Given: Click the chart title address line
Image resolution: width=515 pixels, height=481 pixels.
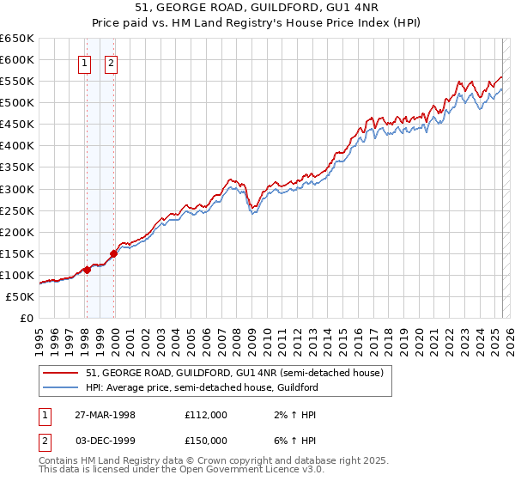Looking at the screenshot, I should pos(257,8).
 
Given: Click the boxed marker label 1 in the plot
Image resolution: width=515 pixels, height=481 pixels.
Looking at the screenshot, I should pos(86,62).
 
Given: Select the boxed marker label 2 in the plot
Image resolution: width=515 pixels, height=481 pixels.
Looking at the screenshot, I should pos(112,62).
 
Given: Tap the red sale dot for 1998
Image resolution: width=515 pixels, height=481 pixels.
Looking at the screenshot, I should pos(87,270).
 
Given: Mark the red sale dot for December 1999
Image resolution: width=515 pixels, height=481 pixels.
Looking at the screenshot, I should pos(113,253).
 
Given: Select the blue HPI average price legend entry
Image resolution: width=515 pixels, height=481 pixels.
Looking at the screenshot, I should pos(202,387).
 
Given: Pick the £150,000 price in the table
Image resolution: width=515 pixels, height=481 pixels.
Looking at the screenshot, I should pos(205,441).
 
